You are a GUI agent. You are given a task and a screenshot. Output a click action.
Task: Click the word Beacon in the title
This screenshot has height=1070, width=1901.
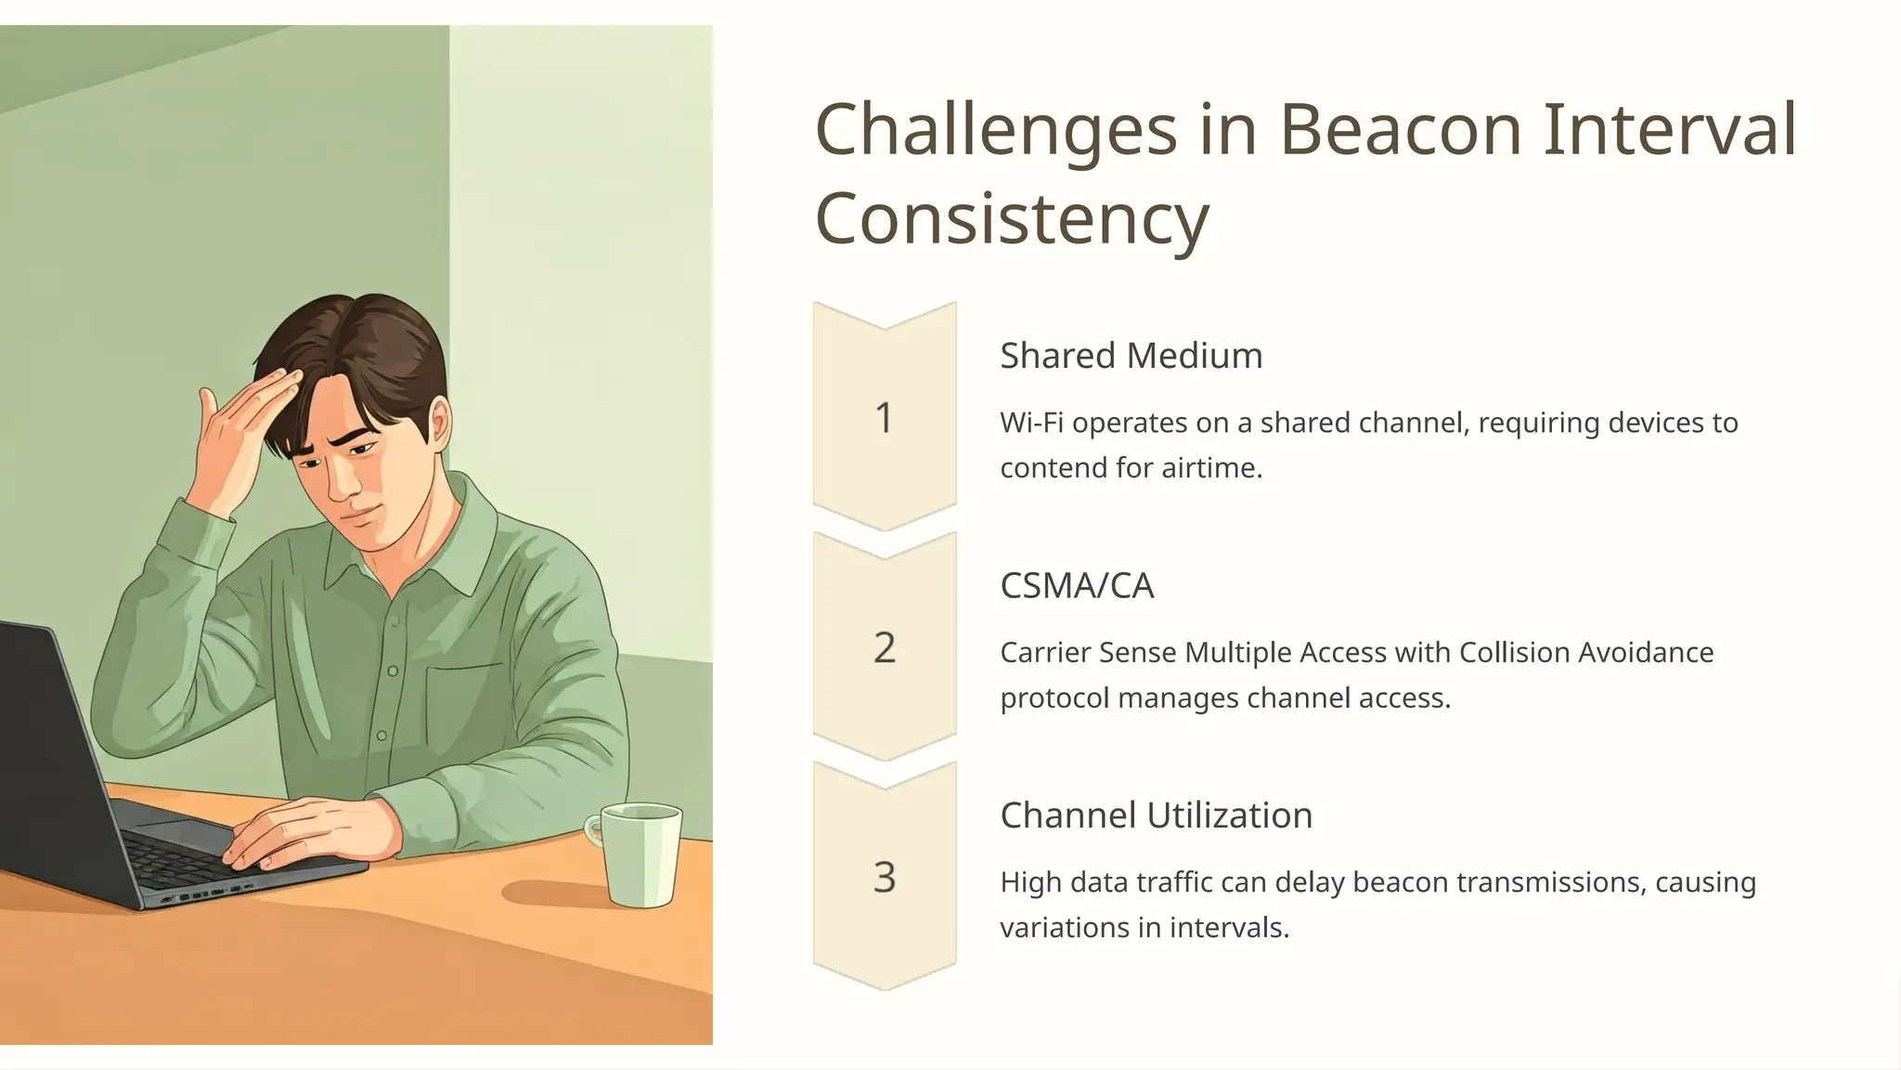pos(1401,130)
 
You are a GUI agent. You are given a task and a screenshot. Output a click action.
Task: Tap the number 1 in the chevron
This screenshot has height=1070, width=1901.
pos(884,418)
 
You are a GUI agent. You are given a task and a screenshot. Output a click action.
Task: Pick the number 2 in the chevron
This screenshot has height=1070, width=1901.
pos(884,647)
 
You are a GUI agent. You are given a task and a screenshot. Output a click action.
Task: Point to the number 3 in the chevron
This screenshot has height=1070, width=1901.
pos(884,877)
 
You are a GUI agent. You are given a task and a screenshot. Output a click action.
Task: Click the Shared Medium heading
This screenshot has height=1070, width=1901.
pos(1131,356)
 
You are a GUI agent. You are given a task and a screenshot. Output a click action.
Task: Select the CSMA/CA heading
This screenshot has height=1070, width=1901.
pos(1077,586)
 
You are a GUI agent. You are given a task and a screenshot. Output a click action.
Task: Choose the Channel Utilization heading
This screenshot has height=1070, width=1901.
pos(1156,816)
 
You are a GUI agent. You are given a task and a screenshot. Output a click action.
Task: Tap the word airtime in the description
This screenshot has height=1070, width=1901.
pos(1211,467)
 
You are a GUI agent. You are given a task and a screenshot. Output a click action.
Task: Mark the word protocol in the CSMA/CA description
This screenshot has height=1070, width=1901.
pos(1054,698)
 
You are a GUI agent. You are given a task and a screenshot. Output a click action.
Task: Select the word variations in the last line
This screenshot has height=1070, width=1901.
pos(1066,927)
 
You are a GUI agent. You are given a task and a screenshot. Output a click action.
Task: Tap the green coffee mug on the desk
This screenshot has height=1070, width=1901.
pos(640,854)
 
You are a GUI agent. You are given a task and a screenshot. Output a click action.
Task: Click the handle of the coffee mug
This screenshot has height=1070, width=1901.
pos(593,829)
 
